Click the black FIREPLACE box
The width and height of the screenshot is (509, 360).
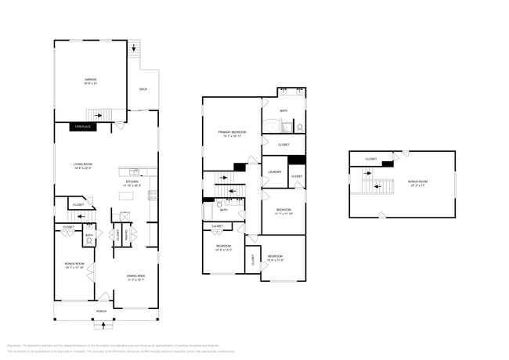(x=83, y=126)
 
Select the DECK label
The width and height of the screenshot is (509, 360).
(x=143, y=89)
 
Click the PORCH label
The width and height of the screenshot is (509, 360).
(x=101, y=311)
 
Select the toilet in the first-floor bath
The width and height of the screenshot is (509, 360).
(x=90, y=240)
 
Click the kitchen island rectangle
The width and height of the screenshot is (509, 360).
(x=127, y=195)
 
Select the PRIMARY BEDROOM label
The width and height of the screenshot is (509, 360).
(x=233, y=134)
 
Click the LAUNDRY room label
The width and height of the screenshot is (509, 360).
(x=274, y=172)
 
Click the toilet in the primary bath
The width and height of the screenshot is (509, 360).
(x=300, y=126)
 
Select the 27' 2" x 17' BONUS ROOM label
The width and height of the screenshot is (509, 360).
(x=417, y=183)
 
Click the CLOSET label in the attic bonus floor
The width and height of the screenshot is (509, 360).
(x=371, y=160)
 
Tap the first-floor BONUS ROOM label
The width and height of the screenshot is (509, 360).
(x=74, y=266)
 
